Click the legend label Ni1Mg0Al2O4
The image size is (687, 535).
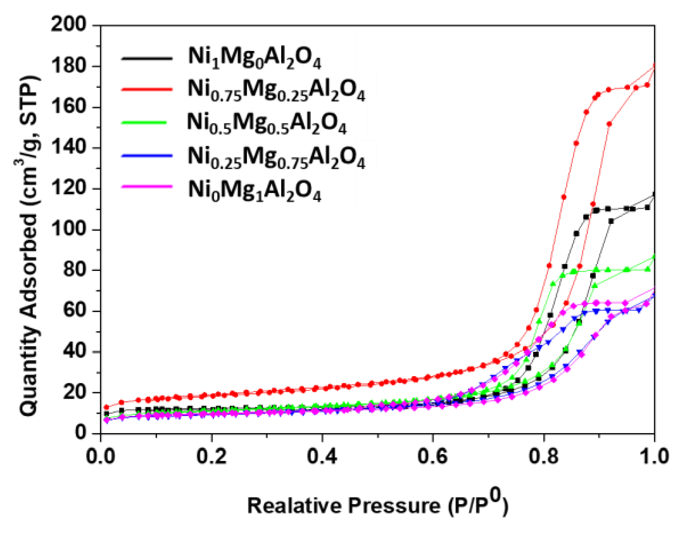tap(254, 58)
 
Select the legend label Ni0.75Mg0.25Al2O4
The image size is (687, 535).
tap(276, 90)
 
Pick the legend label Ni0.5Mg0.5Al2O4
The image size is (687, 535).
tap(266, 123)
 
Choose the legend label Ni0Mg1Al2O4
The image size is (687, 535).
tap(254, 190)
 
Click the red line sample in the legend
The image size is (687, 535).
tap(147, 89)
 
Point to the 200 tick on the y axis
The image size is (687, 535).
tap(69, 25)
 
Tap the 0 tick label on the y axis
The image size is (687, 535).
tap(80, 432)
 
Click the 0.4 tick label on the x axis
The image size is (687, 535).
tap(322, 456)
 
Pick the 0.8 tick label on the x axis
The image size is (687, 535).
tap(544, 456)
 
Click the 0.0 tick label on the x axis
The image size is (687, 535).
tap(101, 456)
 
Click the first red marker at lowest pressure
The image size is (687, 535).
tap(107, 407)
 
